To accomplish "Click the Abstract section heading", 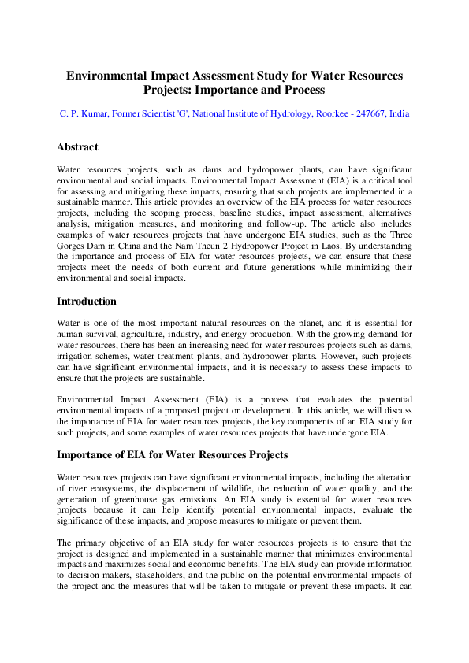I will pos(77,147).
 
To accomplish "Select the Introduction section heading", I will pos(87,302).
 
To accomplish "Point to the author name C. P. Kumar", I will pos(84,114).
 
